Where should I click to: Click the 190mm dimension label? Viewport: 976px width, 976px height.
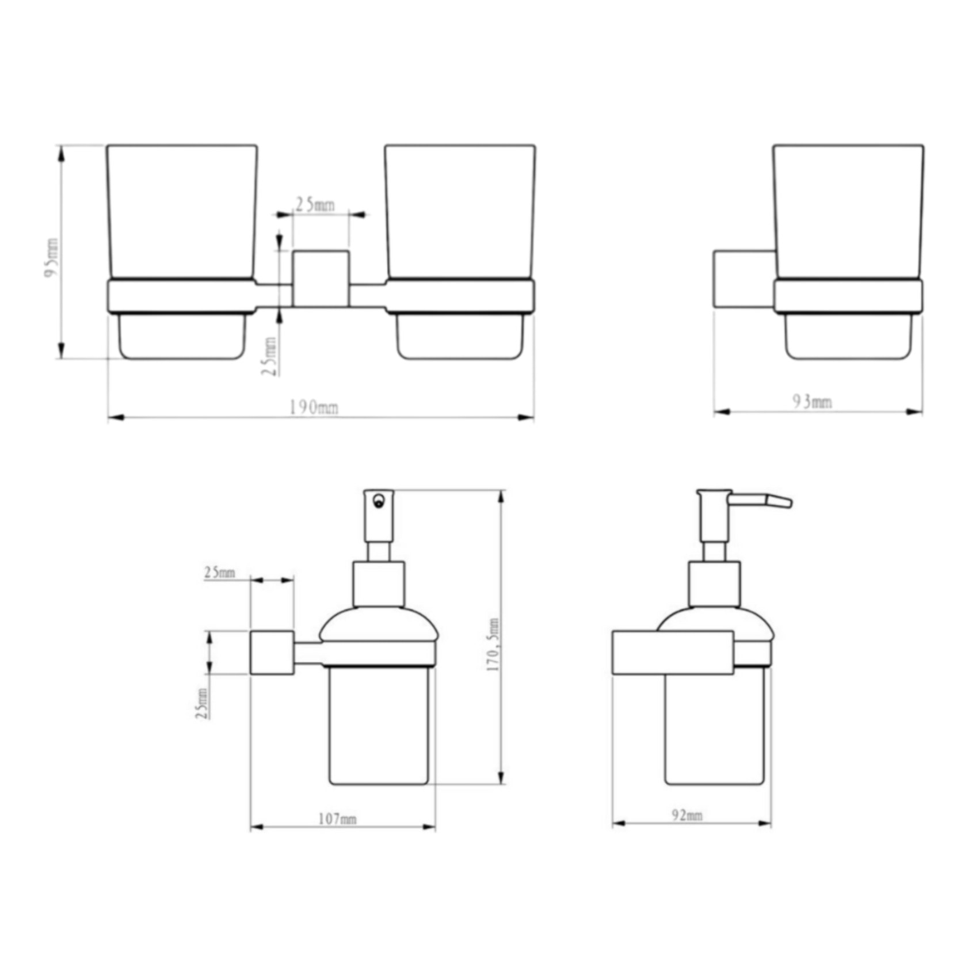click(x=314, y=408)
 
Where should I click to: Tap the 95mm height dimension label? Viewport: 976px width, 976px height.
click(x=52, y=258)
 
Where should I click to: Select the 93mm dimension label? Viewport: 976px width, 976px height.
click(x=812, y=402)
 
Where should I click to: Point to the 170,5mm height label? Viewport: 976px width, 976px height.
click(x=493, y=645)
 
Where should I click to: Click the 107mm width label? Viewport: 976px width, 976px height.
click(x=337, y=819)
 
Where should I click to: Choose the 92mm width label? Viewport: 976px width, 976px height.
click(x=687, y=815)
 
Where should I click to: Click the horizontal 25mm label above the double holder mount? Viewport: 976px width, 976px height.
click(x=315, y=204)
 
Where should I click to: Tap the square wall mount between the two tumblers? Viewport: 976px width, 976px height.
click(x=321, y=279)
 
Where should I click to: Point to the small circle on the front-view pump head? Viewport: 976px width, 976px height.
click(x=378, y=501)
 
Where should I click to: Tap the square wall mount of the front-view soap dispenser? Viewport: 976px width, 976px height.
click(x=272, y=653)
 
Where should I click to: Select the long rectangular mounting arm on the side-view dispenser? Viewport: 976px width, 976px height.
click(x=672, y=653)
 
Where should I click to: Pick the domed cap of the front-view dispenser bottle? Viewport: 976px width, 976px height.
click(x=379, y=625)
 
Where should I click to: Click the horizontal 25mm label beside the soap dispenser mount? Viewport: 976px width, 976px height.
click(x=219, y=573)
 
